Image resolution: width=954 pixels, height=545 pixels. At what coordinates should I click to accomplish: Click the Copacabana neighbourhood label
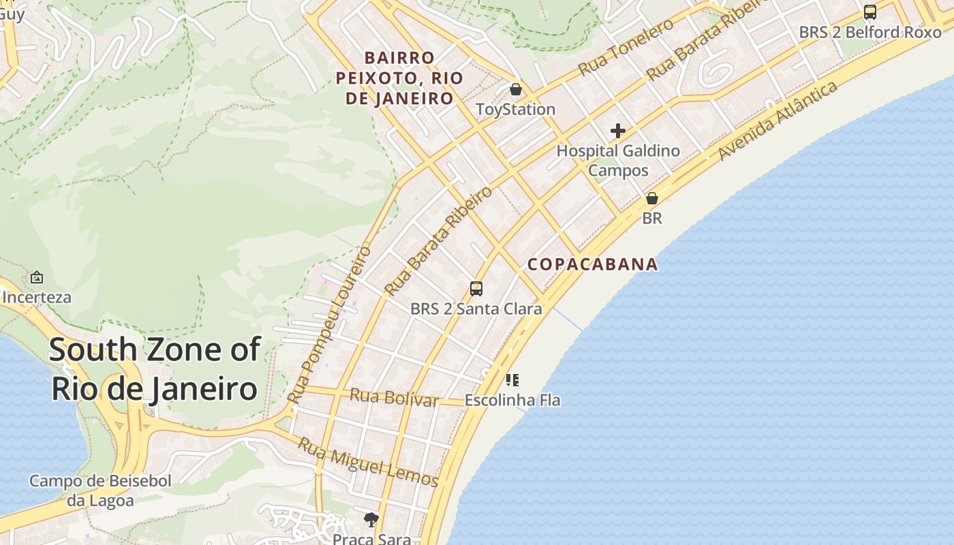(x=593, y=264)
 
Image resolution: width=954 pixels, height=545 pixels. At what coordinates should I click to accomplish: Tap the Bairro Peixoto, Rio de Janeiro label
(x=399, y=78)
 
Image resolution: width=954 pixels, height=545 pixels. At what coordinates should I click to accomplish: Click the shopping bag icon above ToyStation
(x=516, y=89)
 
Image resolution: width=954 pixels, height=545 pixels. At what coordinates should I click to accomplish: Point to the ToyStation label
(x=516, y=109)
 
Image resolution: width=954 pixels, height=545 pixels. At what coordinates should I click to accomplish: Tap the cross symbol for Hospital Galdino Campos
(x=618, y=130)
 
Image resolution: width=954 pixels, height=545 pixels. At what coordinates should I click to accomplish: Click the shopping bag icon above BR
(x=652, y=198)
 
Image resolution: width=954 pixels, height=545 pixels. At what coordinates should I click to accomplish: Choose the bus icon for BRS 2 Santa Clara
(x=476, y=288)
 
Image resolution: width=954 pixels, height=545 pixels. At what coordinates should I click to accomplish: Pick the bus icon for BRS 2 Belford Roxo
(x=870, y=12)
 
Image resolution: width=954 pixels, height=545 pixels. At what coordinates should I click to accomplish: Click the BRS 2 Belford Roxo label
(x=870, y=32)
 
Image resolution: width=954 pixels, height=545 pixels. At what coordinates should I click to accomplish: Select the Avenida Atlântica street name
(x=778, y=121)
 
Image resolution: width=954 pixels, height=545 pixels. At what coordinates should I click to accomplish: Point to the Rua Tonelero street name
(x=626, y=47)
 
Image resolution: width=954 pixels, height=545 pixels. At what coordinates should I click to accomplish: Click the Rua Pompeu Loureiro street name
(x=330, y=324)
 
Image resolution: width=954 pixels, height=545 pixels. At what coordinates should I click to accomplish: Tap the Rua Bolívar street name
(x=394, y=396)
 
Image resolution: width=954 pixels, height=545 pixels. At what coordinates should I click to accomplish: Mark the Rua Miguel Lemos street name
(x=368, y=462)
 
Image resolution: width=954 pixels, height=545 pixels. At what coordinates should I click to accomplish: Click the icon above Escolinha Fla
(x=512, y=379)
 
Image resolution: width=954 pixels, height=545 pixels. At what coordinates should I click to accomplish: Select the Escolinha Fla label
(x=512, y=400)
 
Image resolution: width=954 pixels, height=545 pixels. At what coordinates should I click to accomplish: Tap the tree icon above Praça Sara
(x=371, y=520)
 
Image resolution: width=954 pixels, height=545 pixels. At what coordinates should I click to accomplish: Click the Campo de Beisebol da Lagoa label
(x=100, y=490)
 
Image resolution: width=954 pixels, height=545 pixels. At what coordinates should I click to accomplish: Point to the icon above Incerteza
(x=37, y=277)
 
